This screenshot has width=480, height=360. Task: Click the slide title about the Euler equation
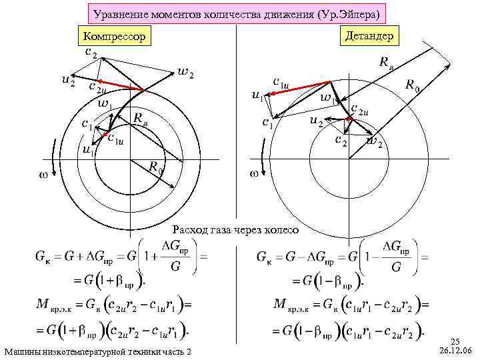[x=237, y=13]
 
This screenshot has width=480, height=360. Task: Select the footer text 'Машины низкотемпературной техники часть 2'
[x=97, y=351]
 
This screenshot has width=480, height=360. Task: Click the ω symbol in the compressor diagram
[x=39, y=175]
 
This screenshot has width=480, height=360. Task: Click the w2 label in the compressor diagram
[x=186, y=73]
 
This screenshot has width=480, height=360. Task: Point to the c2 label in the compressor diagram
[x=91, y=51]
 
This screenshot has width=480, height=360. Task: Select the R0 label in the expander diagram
[x=413, y=86]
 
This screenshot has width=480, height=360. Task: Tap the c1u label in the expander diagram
[x=281, y=81]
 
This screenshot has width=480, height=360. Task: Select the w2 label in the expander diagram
[x=375, y=142]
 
